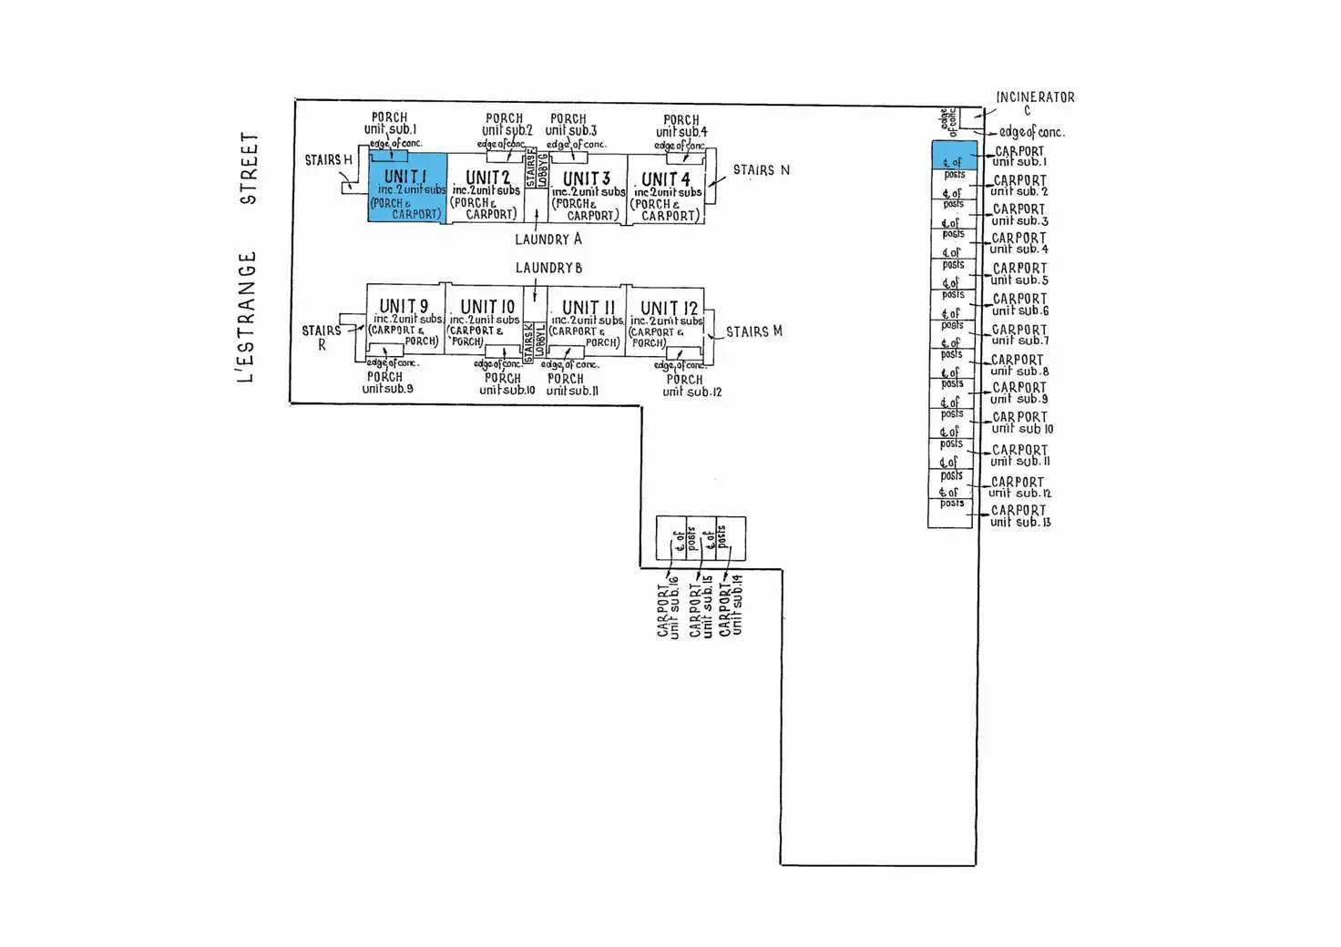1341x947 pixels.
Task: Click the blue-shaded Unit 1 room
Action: coord(406,188)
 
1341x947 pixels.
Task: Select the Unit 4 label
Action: coord(666,179)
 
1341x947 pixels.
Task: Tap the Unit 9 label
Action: coord(404,307)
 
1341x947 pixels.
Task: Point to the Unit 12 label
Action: coord(669,308)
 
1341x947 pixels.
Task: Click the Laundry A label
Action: coord(548,239)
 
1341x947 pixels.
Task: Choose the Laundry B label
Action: coord(548,268)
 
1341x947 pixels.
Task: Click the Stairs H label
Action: coord(328,160)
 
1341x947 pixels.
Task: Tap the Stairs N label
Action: coord(761,170)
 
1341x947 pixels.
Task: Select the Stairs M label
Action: coord(753,331)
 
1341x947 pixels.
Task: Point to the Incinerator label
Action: coord(1035,97)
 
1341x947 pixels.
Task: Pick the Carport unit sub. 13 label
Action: coord(1019,516)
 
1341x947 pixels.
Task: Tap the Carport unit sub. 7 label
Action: coord(1019,335)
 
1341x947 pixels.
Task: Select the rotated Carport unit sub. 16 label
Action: coord(669,605)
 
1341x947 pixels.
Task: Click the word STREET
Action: coord(249,168)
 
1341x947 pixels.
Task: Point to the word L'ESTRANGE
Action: coord(247,317)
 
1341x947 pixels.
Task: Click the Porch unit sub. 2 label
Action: coord(506,125)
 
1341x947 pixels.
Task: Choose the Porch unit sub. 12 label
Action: coord(690,385)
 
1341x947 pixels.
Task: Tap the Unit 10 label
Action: coord(487,307)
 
